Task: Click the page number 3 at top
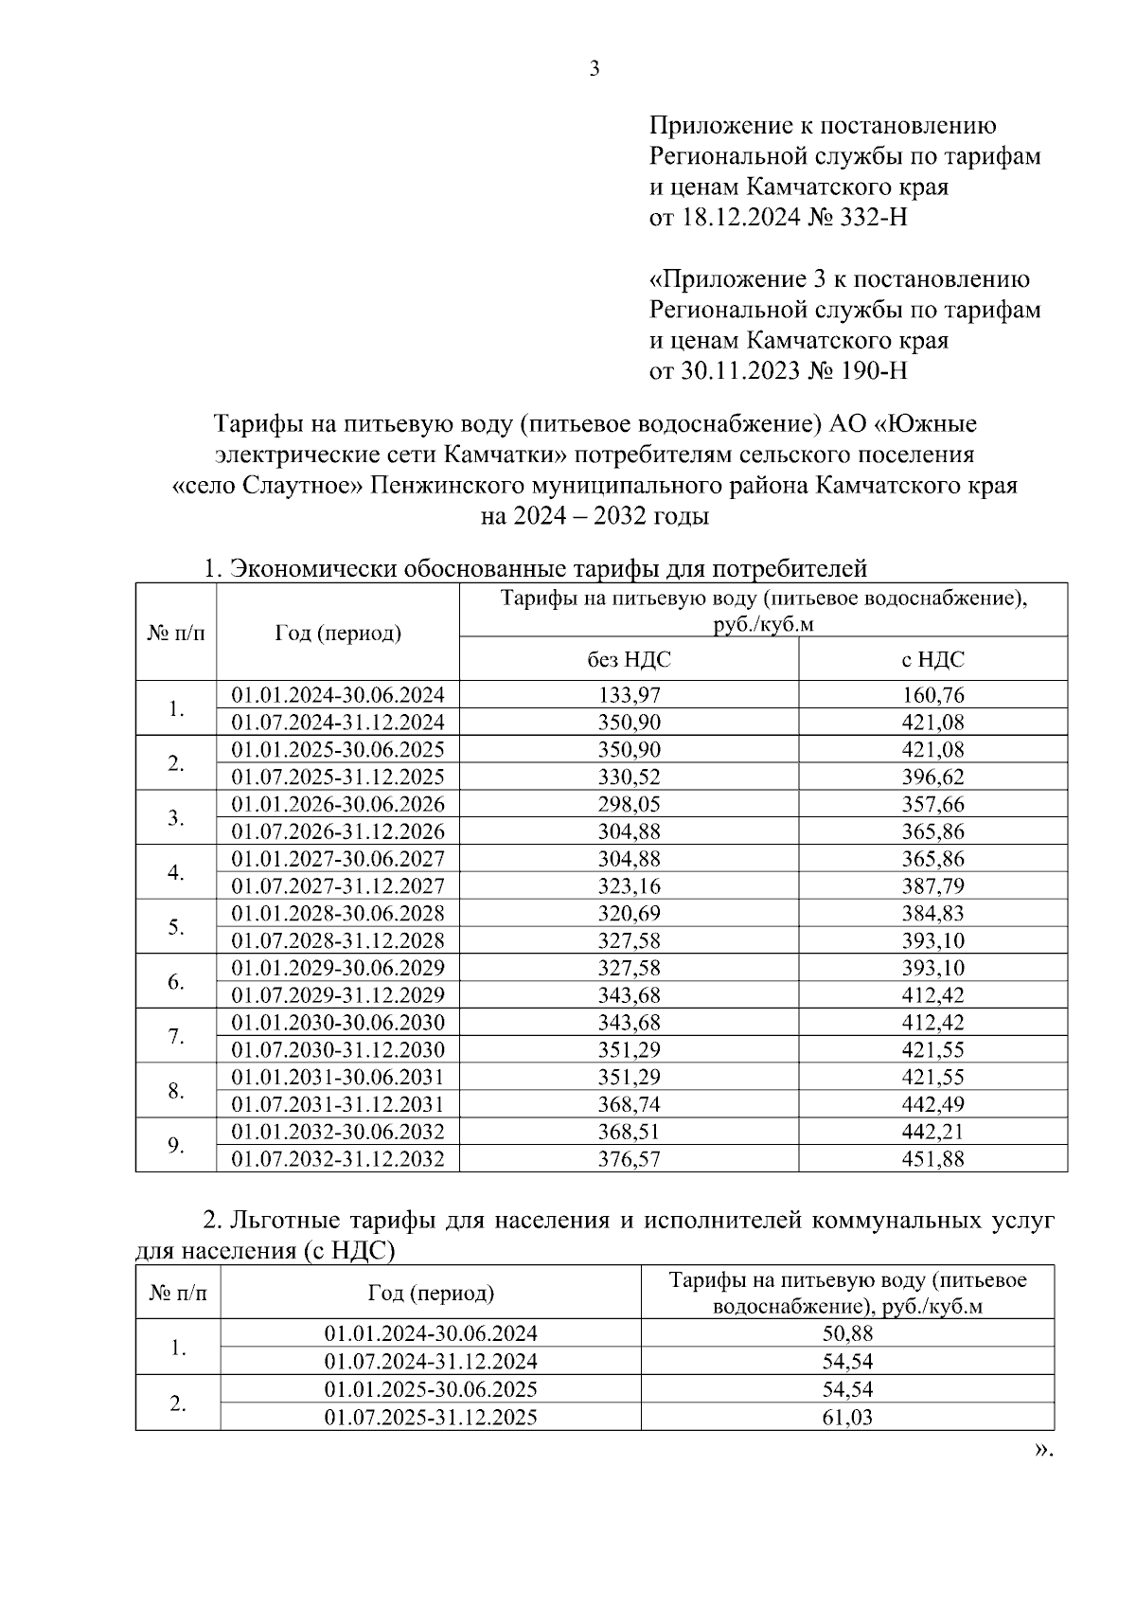(595, 68)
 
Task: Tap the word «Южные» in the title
(932, 422)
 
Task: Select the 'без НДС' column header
(629, 660)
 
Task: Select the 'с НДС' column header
(932, 660)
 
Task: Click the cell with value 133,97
(629, 695)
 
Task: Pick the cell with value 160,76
(932, 695)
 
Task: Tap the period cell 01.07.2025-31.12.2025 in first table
(338, 777)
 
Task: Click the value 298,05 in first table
(629, 805)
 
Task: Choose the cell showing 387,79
(932, 886)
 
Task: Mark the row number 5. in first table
(176, 927)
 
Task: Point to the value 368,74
(629, 1104)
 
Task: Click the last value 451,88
(932, 1159)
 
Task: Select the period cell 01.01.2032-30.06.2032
(338, 1132)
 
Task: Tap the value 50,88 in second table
(847, 1333)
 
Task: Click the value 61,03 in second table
(847, 1418)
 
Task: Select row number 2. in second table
(178, 1403)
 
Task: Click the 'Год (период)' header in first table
(338, 633)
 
